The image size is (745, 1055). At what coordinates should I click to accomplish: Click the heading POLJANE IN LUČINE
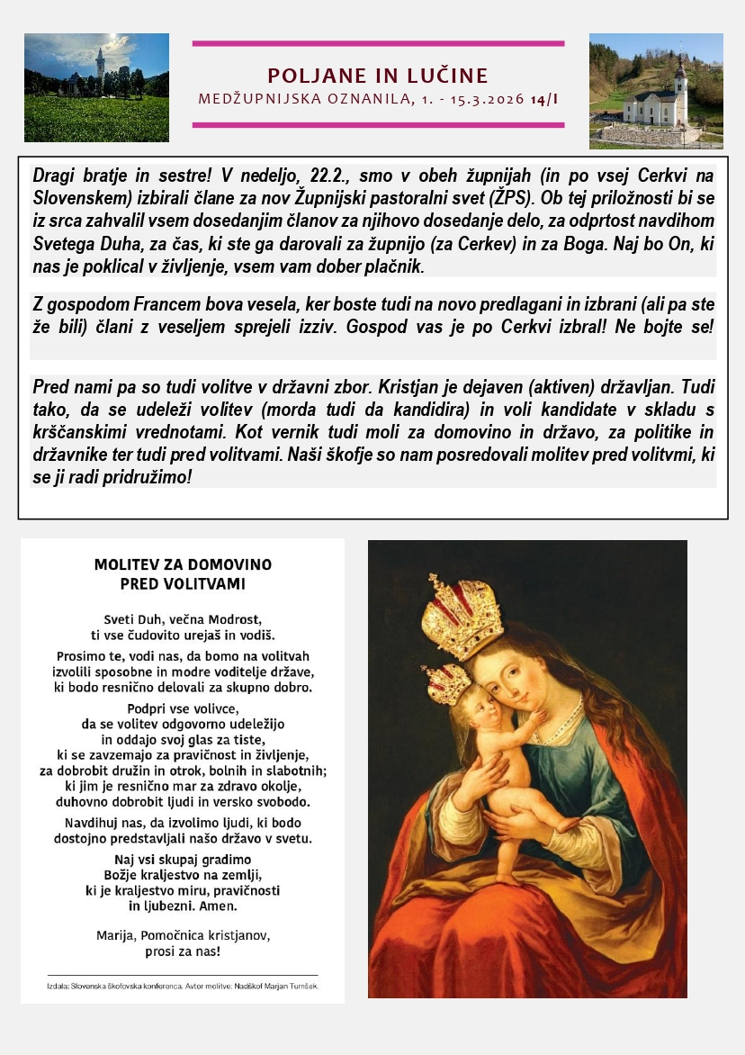click(x=378, y=76)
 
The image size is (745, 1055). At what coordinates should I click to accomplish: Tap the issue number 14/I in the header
click(x=544, y=98)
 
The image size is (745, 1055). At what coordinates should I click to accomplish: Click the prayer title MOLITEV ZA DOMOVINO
click(x=183, y=565)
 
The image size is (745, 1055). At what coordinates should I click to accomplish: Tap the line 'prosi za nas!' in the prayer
click(x=183, y=951)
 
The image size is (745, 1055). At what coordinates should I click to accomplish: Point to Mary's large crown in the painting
click(x=462, y=617)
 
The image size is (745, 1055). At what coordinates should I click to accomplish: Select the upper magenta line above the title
click(x=378, y=43)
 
